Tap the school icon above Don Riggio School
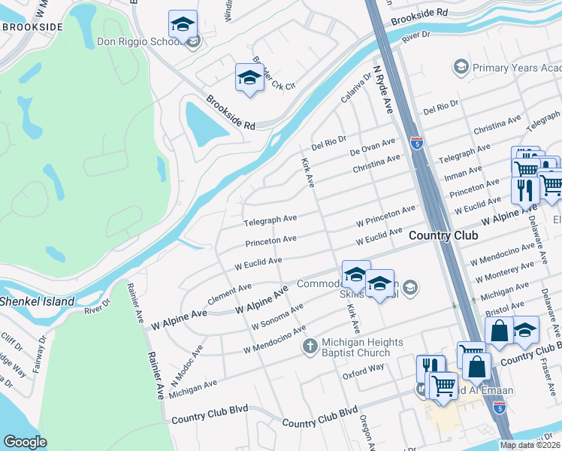(183, 26)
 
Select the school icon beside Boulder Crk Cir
(250, 77)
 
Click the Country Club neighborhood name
(443, 236)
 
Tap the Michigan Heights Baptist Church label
(357, 347)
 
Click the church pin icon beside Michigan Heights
(308, 347)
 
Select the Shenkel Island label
(38, 302)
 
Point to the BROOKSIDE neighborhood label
(32, 26)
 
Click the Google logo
(26, 441)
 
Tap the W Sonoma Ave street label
(277, 316)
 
